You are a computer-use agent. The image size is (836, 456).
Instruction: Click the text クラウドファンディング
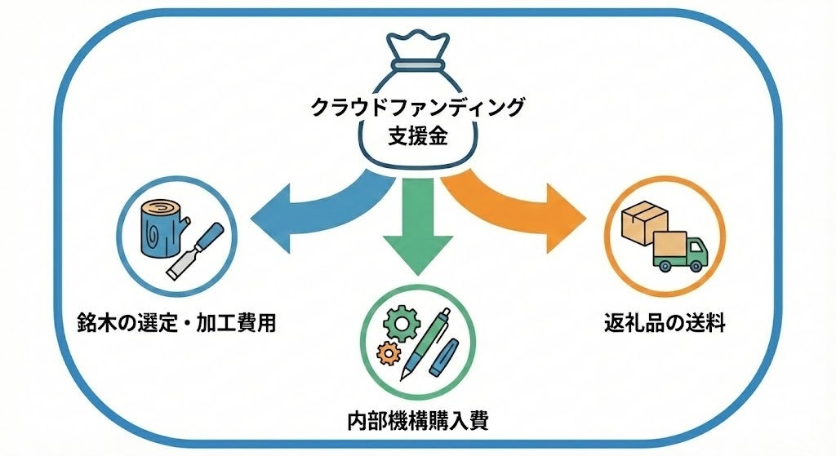tap(417, 106)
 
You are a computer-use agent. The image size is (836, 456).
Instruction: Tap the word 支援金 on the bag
tap(417, 136)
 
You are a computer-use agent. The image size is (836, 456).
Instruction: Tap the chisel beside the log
tap(196, 249)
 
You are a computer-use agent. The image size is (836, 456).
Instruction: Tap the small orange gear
tap(386, 352)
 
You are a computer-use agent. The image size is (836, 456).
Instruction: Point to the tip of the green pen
tap(403, 374)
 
